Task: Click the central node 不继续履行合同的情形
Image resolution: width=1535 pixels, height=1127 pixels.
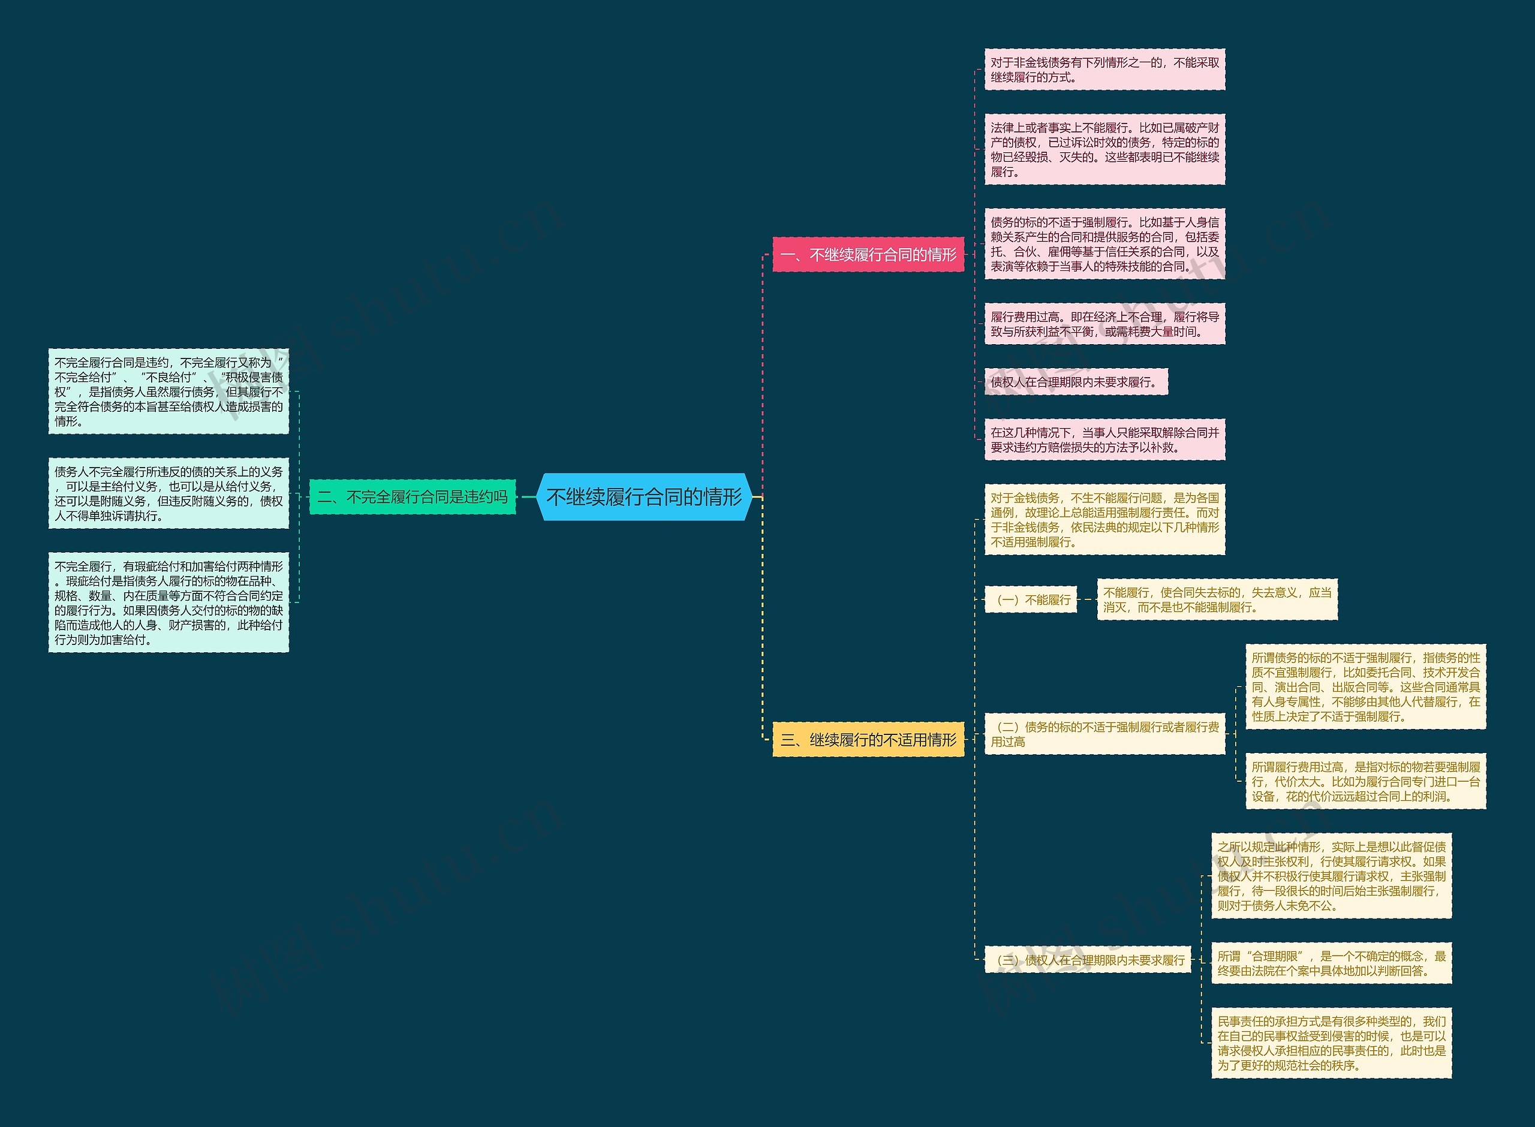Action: [x=644, y=496]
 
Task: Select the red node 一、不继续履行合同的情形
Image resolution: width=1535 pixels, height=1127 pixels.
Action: [x=868, y=254]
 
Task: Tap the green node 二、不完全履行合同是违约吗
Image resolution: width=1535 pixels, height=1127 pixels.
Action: [x=412, y=496]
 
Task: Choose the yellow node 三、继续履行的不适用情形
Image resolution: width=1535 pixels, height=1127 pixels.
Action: [x=868, y=740]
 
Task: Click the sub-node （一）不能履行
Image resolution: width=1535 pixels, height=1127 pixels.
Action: [x=1031, y=599]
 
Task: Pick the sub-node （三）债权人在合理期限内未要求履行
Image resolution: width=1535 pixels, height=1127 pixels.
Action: [x=1088, y=960]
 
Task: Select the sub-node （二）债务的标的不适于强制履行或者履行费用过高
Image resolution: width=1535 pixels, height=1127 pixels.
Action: [x=1104, y=734]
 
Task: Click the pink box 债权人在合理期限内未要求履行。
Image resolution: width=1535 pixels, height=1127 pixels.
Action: [x=1076, y=382]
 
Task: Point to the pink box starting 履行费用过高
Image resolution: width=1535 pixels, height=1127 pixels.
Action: [x=1104, y=324]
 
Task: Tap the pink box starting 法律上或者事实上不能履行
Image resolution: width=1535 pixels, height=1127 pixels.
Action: [x=1104, y=149]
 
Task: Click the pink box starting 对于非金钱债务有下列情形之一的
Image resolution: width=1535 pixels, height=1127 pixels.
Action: [x=1104, y=70]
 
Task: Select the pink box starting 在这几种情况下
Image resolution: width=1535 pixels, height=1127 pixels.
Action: [x=1104, y=440]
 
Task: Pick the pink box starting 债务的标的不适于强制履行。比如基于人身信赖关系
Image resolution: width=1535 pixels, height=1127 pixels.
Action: [x=1104, y=244]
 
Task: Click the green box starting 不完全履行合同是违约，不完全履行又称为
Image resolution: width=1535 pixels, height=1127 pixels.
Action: [x=168, y=391]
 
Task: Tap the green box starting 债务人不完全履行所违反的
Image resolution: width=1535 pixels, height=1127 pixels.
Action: [x=168, y=493]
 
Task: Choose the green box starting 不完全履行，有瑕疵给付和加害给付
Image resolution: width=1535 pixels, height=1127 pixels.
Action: [x=168, y=602]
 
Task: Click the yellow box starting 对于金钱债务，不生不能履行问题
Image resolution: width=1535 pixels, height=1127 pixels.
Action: [x=1104, y=520]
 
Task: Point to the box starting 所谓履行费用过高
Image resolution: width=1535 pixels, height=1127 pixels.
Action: [x=1365, y=781]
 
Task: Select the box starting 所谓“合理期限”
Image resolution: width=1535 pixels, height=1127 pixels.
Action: [x=1331, y=963]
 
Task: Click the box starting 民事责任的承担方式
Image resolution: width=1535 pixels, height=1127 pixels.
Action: [x=1331, y=1043]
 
